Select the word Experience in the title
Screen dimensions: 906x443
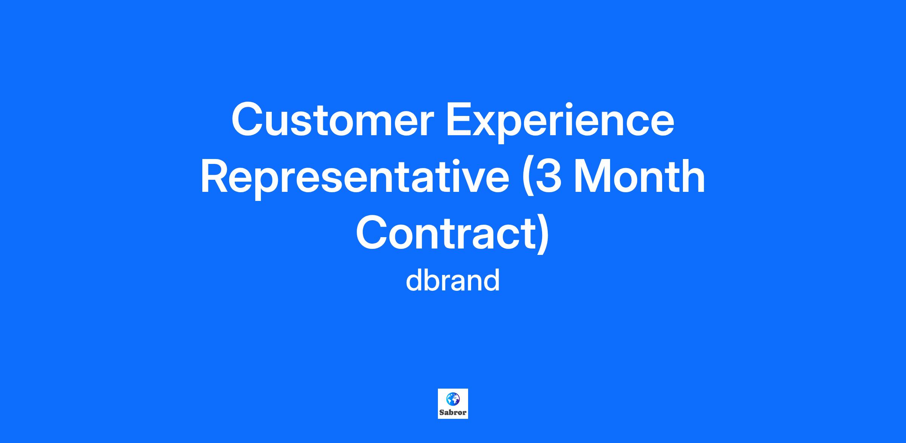(x=560, y=122)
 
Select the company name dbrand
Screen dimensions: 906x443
(x=453, y=280)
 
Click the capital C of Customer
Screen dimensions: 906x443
(x=248, y=119)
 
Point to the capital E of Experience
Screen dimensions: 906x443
(x=460, y=119)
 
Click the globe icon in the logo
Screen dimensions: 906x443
(x=453, y=399)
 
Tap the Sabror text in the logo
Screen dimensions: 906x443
(x=453, y=413)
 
